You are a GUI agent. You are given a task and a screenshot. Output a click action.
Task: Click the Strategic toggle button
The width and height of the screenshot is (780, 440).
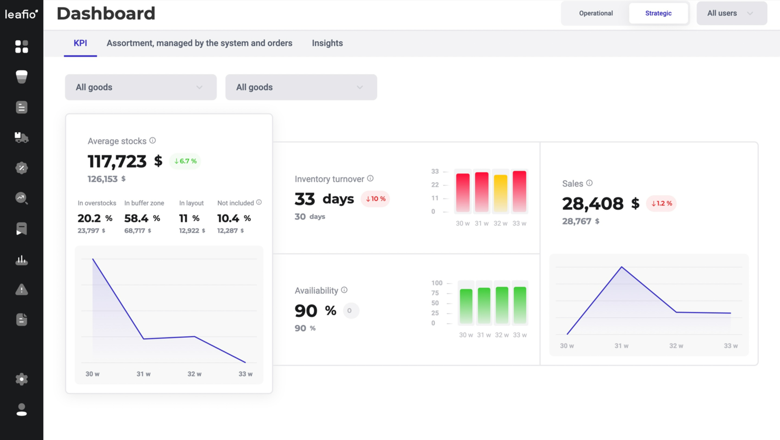(x=658, y=13)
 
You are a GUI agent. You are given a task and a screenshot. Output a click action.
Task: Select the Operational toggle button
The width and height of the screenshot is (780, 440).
(x=596, y=13)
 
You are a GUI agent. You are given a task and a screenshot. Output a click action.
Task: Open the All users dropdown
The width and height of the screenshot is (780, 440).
(x=731, y=13)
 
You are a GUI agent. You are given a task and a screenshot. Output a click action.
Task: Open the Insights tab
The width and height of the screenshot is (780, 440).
(x=327, y=43)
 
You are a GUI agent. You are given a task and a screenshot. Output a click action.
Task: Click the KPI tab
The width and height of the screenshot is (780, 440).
(x=80, y=43)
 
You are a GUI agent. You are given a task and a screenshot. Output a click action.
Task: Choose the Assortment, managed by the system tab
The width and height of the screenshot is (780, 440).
(x=199, y=43)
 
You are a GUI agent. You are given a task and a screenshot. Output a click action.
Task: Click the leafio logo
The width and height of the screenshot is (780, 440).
(x=21, y=14)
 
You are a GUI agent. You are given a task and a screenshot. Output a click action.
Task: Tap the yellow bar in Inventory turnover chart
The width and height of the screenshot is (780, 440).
(x=500, y=193)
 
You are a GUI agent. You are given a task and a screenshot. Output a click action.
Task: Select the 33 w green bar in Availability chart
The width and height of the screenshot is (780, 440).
(x=520, y=305)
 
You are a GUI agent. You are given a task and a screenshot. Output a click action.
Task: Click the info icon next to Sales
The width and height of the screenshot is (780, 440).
(x=589, y=183)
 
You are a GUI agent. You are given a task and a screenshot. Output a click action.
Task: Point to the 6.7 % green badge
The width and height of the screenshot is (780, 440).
(x=186, y=161)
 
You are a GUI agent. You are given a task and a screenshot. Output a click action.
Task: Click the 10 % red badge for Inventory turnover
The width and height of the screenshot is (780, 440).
(x=375, y=199)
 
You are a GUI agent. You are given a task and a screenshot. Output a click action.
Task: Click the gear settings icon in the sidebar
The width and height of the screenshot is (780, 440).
(x=22, y=379)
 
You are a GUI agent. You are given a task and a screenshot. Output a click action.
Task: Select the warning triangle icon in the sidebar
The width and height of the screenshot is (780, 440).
(x=22, y=290)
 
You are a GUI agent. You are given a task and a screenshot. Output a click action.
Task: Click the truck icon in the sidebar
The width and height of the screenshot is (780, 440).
(x=22, y=138)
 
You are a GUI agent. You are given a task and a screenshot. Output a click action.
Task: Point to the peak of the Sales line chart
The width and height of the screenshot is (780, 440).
(x=622, y=267)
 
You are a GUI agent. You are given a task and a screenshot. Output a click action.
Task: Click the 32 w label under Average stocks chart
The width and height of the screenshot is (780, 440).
(x=194, y=374)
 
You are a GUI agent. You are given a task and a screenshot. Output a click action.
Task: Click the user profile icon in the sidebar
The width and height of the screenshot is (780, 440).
(x=22, y=410)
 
